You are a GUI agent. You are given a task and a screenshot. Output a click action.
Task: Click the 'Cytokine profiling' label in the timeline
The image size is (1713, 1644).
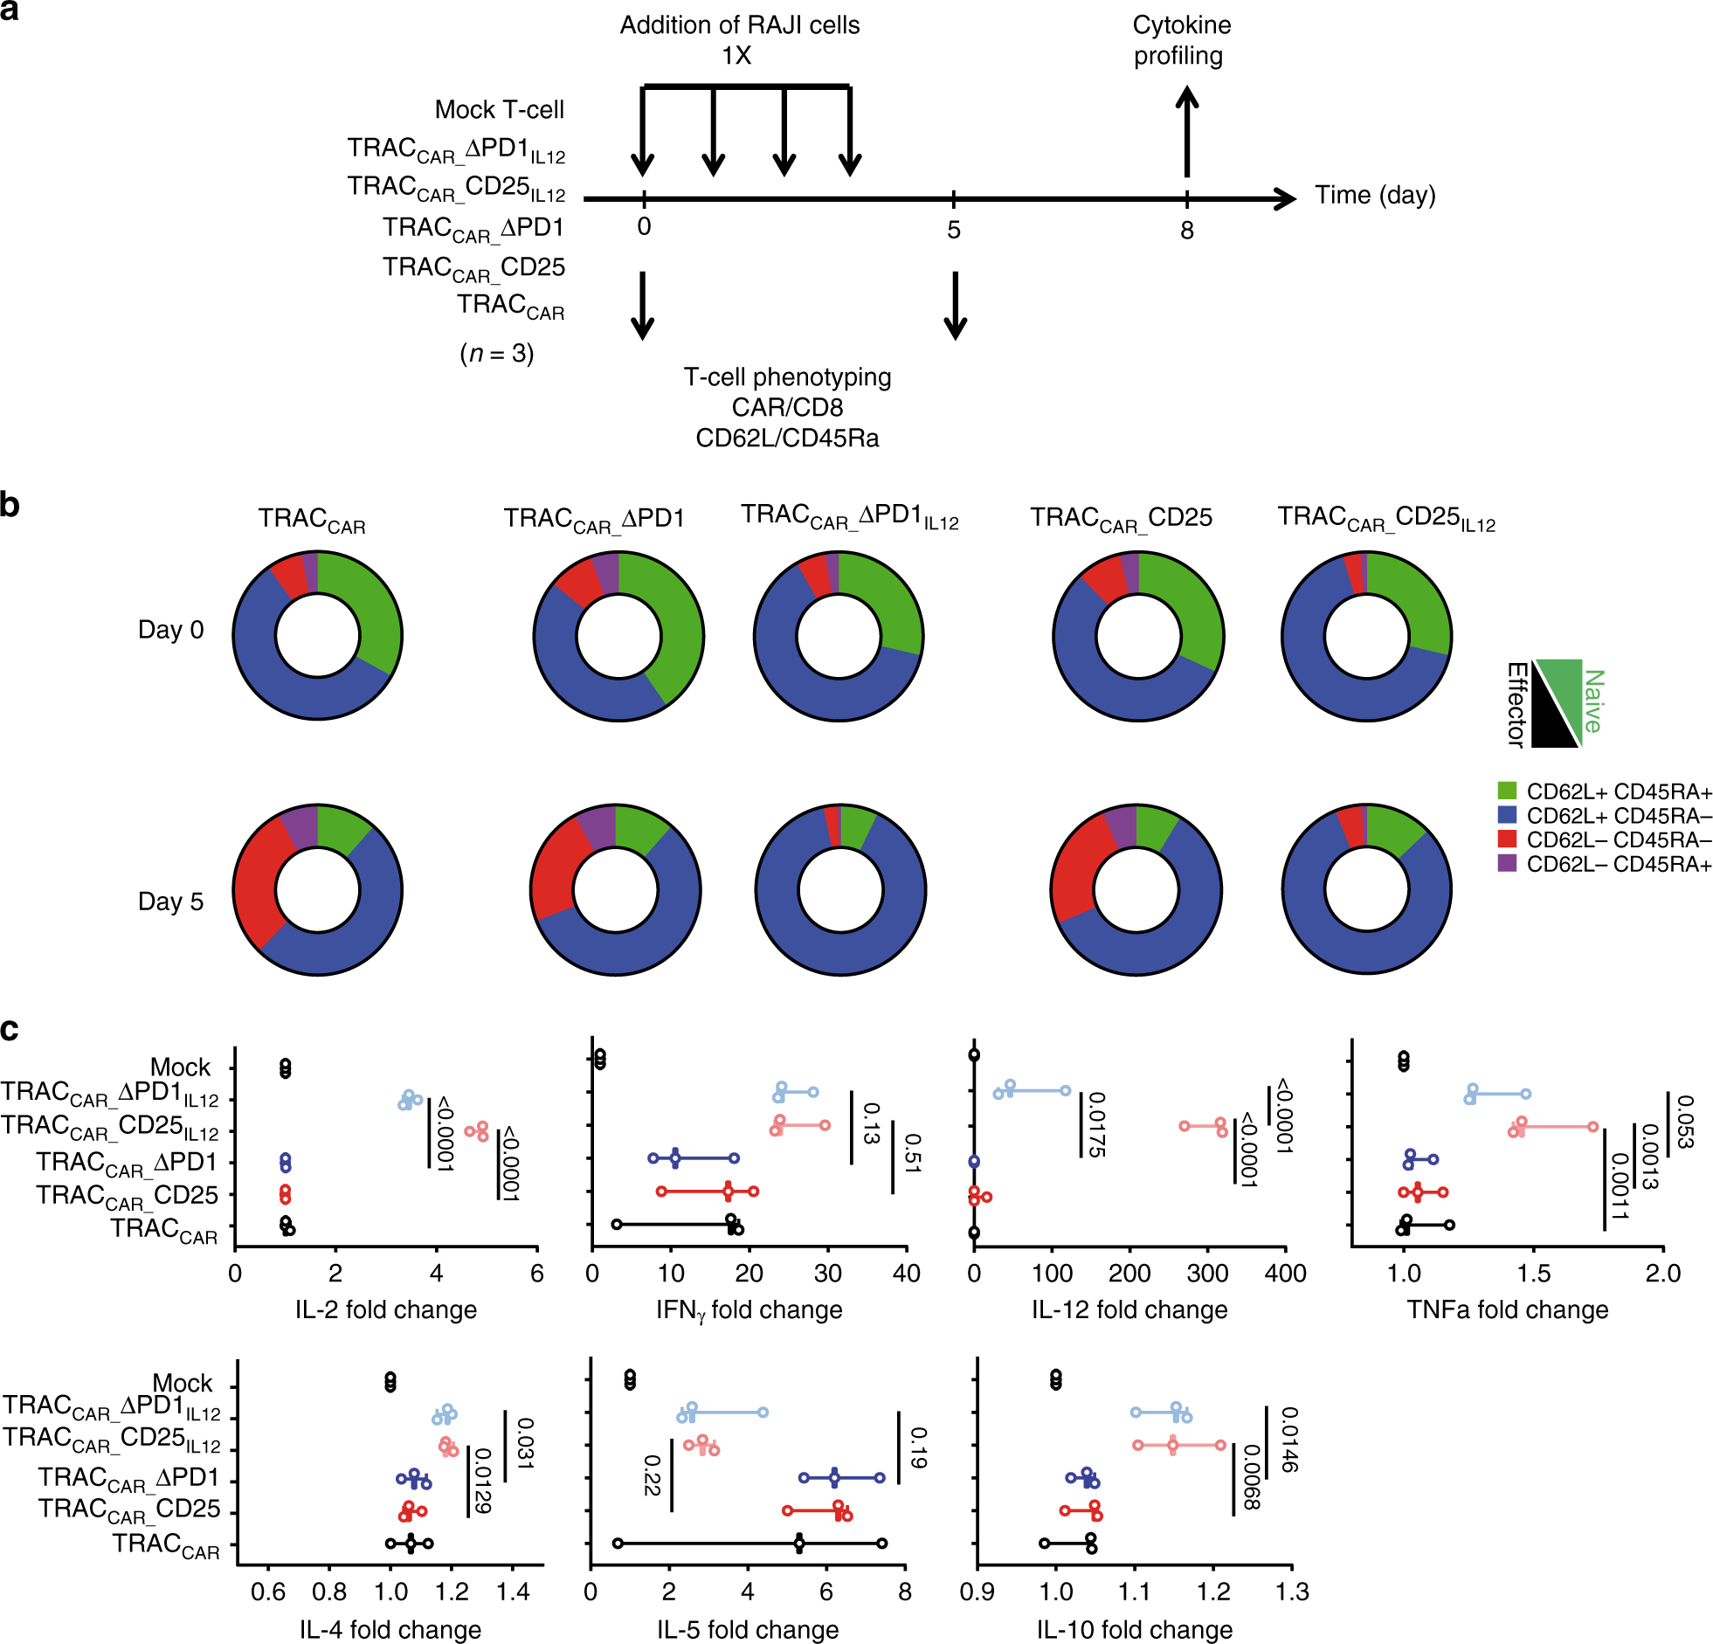click(1181, 40)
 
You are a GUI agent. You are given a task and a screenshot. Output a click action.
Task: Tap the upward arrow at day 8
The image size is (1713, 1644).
click(1186, 131)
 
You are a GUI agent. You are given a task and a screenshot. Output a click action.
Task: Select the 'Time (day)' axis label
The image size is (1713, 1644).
click(1375, 195)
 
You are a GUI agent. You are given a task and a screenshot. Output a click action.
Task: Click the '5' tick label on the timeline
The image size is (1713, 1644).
click(954, 230)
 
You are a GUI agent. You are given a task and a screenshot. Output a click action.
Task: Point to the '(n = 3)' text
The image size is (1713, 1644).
click(496, 353)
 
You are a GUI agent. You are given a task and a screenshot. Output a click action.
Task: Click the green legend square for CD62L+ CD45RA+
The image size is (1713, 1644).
click(1507, 791)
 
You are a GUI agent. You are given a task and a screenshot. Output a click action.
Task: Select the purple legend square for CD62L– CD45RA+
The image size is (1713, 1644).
click(1507, 864)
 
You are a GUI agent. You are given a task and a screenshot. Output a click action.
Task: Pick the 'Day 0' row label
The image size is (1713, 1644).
click(170, 629)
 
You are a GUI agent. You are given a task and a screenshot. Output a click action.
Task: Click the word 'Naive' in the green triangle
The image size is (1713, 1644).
click(1593, 701)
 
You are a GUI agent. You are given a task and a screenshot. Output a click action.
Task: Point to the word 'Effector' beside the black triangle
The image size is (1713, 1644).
click(1516, 704)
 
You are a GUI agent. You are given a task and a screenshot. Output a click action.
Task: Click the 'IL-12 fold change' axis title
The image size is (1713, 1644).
click(1129, 1309)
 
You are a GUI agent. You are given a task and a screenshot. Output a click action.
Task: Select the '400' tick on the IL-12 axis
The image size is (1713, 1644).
click(1285, 1273)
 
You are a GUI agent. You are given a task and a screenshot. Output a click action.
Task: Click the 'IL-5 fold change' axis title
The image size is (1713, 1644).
click(747, 1630)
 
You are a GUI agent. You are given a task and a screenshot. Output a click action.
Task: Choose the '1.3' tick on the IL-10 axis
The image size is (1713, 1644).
click(1292, 1592)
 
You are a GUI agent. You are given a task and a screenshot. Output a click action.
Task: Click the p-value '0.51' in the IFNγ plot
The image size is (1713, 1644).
click(913, 1152)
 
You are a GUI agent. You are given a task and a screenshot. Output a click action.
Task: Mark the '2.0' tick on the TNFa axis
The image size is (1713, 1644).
click(1662, 1273)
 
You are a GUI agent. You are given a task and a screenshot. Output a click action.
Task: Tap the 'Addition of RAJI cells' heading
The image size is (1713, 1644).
click(739, 25)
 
